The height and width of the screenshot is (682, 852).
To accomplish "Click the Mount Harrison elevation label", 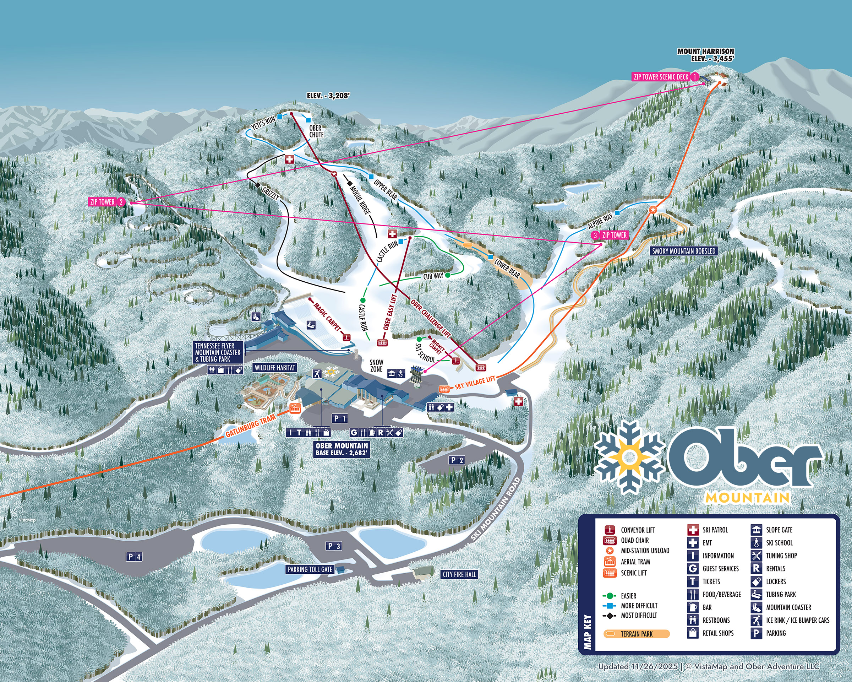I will [705, 55].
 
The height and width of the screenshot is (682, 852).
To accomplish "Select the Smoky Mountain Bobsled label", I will [684, 251].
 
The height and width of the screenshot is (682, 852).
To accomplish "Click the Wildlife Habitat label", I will [275, 368].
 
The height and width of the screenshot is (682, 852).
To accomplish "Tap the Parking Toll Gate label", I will [310, 569].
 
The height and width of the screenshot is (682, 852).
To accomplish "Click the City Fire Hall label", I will [459, 574].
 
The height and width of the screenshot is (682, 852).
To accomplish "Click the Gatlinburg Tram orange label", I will [250, 426].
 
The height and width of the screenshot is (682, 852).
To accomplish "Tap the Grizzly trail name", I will [271, 194].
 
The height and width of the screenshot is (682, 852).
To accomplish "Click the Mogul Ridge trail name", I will [360, 200].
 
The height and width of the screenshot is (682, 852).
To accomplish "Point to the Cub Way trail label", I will [433, 276].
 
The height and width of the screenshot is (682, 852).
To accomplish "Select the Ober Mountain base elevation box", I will [342, 449].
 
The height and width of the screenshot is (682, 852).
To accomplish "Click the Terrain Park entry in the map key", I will [636, 634].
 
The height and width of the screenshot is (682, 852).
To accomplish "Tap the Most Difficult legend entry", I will [639, 615].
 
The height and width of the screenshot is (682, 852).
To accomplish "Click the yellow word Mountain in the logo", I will [747, 497].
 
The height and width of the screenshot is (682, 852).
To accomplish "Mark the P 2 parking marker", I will [457, 460].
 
